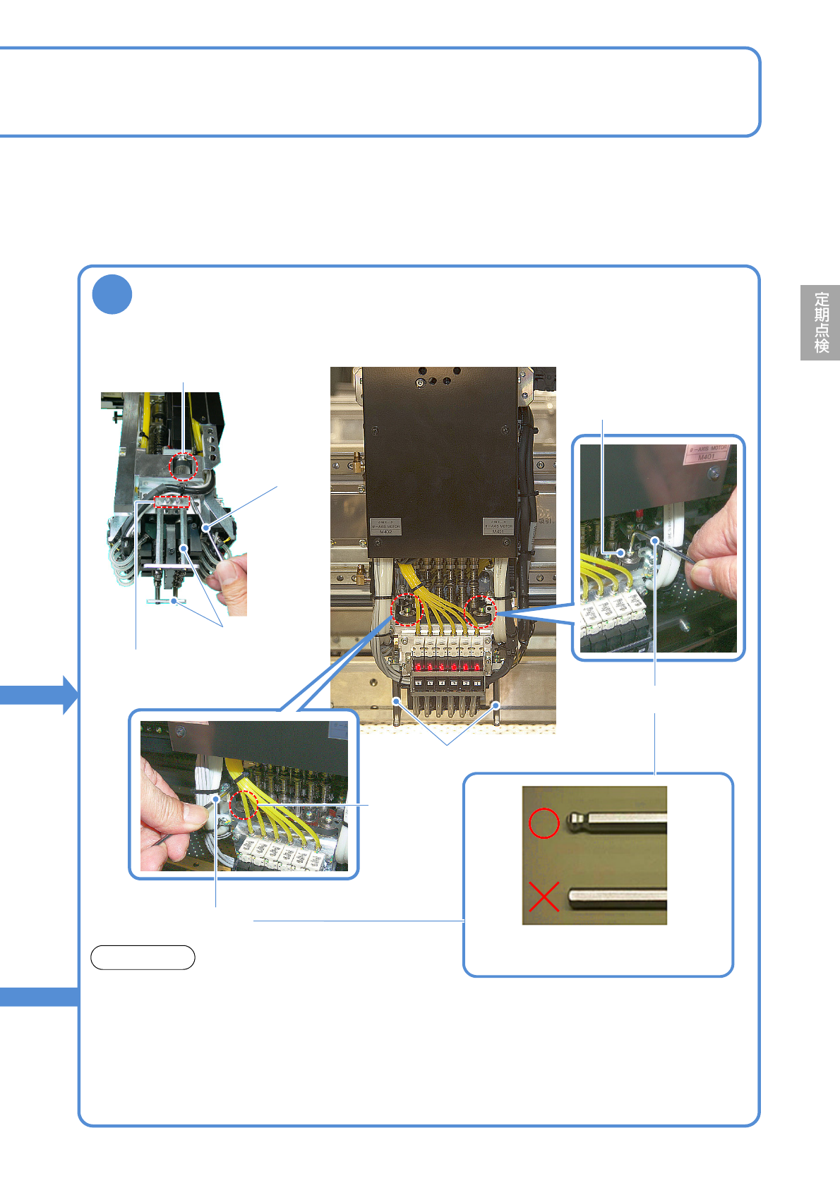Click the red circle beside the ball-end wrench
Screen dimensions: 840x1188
(x=544, y=823)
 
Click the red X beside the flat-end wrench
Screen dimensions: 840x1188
(x=544, y=897)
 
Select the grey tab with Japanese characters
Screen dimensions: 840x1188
(x=820, y=322)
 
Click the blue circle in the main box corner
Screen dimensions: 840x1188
(x=112, y=294)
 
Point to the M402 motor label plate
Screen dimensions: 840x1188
(x=385, y=526)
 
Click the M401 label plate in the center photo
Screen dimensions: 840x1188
(x=498, y=526)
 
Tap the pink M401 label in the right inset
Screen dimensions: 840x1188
(x=707, y=453)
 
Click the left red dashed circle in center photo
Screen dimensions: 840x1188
(x=406, y=610)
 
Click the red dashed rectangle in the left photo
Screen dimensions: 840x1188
(x=172, y=502)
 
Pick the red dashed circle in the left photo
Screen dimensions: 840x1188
(x=184, y=467)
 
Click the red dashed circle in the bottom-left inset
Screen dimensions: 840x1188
(x=244, y=804)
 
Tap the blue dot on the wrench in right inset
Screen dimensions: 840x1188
(x=656, y=541)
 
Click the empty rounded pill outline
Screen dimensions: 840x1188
(x=143, y=957)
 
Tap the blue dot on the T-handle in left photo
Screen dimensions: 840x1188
(x=174, y=601)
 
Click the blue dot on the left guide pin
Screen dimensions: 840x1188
(x=397, y=701)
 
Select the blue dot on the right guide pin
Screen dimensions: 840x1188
(x=496, y=705)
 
